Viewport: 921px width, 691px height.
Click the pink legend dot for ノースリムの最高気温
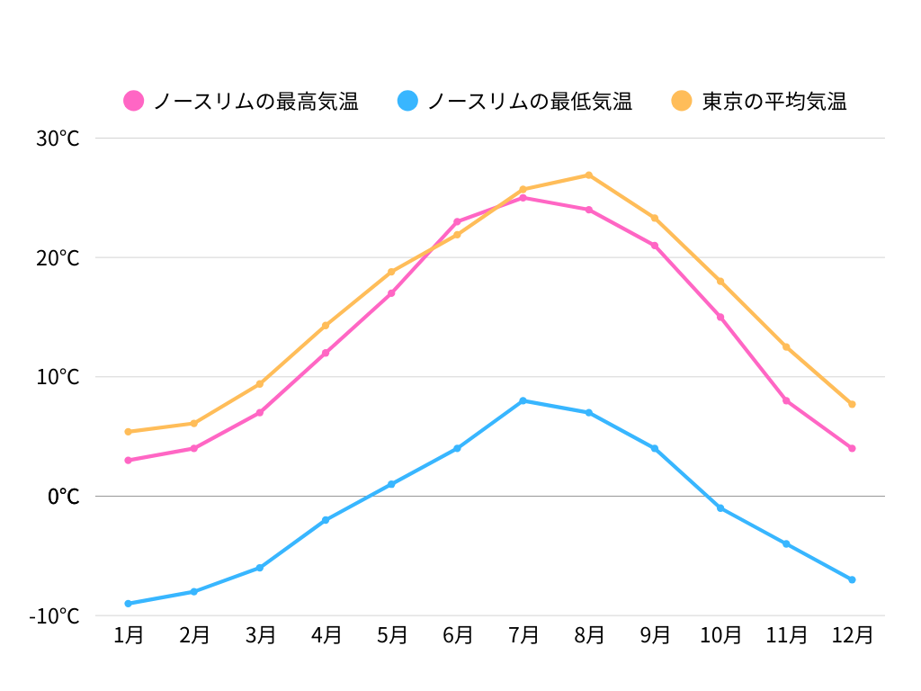(x=134, y=101)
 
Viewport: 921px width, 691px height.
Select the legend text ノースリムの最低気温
(x=530, y=101)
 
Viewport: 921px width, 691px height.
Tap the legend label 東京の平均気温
(x=774, y=101)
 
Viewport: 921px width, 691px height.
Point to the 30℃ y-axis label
(x=58, y=139)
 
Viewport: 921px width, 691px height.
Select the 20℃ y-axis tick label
(x=58, y=258)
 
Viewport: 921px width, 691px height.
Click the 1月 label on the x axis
(x=129, y=635)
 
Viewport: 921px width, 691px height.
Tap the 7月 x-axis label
(x=523, y=635)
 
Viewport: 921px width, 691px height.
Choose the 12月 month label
(x=852, y=635)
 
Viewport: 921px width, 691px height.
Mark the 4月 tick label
(x=326, y=635)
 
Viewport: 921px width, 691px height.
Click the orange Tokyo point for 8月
(x=589, y=175)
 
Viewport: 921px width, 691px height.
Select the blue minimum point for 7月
(x=523, y=400)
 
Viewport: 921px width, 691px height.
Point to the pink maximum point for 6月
(x=457, y=221)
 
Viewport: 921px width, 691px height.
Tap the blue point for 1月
(x=129, y=604)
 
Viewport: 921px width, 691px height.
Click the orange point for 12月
(x=852, y=404)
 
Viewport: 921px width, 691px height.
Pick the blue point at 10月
(x=720, y=508)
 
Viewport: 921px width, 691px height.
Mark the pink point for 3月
(x=260, y=413)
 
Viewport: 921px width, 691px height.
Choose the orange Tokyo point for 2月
(x=194, y=423)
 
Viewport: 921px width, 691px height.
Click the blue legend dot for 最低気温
(x=407, y=101)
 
